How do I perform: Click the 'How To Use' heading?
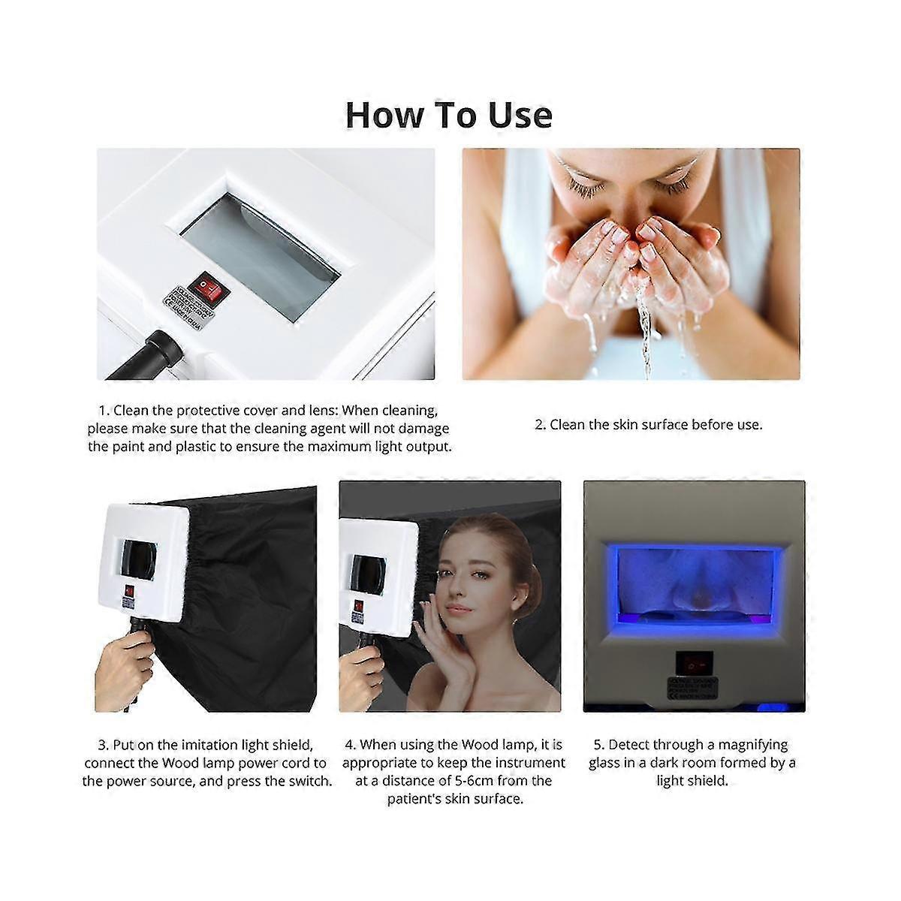449,115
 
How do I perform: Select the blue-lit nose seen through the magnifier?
695,578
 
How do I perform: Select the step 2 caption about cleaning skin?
648,425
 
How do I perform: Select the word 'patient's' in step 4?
420,799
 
